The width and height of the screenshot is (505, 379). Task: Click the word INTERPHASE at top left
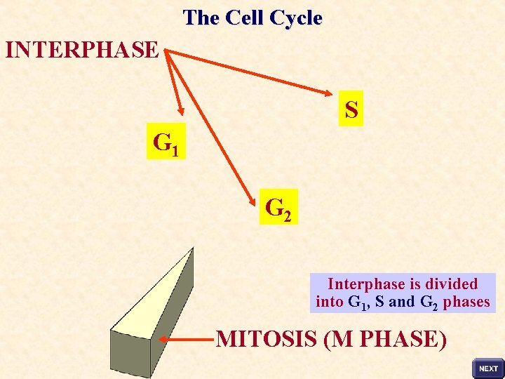[82, 50]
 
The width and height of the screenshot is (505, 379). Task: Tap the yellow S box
[351, 109]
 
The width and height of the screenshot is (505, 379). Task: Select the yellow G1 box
[166, 142]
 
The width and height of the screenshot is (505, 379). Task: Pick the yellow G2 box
[278, 207]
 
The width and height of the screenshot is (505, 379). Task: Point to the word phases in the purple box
[466, 302]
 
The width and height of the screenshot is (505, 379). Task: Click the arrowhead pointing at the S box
[334, 94]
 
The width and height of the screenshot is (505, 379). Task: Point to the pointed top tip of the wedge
[191, 248]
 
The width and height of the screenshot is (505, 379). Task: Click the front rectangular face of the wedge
[130, 354]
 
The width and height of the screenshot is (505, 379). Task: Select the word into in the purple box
[330, 302]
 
